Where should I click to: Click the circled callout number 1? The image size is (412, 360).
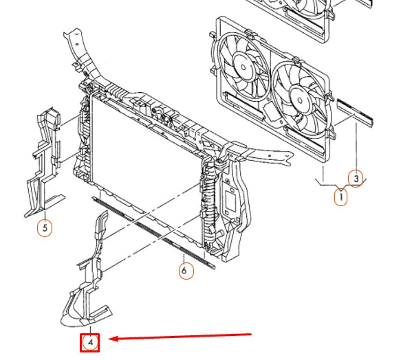coord(340,197)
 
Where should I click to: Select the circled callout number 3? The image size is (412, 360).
coord(356,179)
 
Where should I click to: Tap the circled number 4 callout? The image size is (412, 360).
coord(90,343)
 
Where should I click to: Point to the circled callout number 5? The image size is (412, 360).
coord(45,228)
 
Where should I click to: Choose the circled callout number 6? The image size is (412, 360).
coord(186,270)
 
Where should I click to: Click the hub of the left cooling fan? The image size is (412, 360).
coord(243,67)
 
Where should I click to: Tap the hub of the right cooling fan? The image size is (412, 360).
coord(300,100)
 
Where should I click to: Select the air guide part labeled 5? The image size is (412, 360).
coord(45,163)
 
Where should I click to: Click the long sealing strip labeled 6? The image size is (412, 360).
coord(153,232)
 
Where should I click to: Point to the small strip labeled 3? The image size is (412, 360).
coord(355,112)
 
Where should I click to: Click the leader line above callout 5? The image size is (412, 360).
coord(45,215)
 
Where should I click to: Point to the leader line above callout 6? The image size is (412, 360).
coord(184,258)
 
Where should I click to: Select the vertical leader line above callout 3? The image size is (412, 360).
coord(356,146)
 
